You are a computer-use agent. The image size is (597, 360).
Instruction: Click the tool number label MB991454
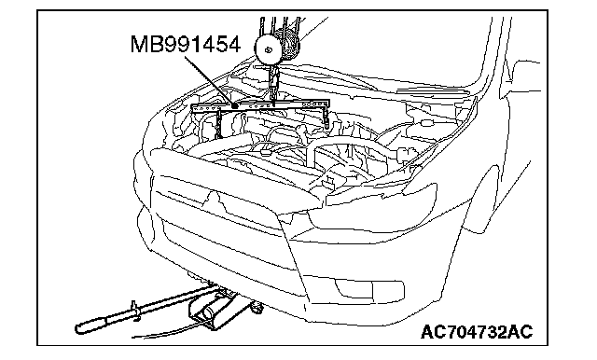click(x=186, y=44)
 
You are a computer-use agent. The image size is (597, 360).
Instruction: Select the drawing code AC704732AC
click(x=477, y=332)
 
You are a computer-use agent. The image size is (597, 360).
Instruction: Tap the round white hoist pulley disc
click(x=269, y=49)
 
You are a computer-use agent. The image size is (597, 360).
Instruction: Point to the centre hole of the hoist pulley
click(x=269, y=49)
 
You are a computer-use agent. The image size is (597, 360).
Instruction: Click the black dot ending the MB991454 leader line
click(x=235, y=105)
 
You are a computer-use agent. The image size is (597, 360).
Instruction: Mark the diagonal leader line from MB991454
click(x=210, y=80)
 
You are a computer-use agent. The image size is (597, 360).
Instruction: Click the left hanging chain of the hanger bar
click(x=218, y=124)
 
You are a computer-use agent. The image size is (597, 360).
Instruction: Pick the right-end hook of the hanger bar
click(x=326, y=118)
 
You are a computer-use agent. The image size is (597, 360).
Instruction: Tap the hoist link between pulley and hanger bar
click(x=273, y=83)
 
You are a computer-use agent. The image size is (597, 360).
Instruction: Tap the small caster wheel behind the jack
click(x=257, y=307)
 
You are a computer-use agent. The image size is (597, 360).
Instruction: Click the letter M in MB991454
click(x=139, y=44)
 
